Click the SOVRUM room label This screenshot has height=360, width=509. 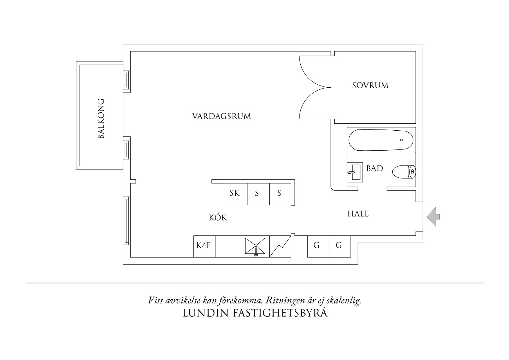pyautogui.click(x=370, y=86)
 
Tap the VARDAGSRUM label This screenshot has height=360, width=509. pyautogui.click(x=221, y=116)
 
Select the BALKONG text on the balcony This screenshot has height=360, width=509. pyautogui.click(x=101, y=119)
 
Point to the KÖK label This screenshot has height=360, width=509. pyautogui.click(x=218, y=218)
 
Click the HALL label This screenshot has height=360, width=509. pyautogui.click(x=358, y=214)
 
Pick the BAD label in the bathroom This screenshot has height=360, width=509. pyautogui.click(x=375, y=168)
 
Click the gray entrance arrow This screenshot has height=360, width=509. pyautogui.click(x=434, y=217)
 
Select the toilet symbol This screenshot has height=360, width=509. pyautogui.click(x=404, y=172)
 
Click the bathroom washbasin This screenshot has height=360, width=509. pyautogui.click(x=355, y=172)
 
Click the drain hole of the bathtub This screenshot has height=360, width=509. pyautogui.click(x=401, y=140)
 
